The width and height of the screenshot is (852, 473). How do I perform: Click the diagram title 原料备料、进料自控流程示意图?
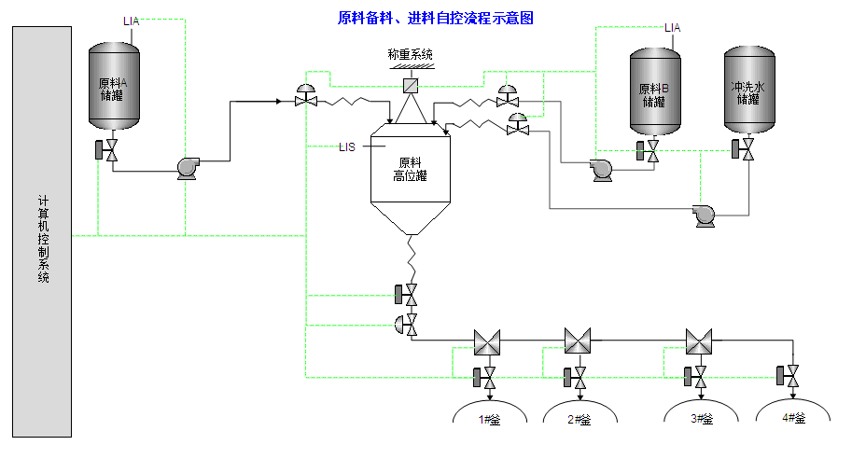point(435,18)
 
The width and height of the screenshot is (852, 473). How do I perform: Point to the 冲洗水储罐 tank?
point(749,91)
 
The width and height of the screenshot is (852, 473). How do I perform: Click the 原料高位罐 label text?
point(410,168)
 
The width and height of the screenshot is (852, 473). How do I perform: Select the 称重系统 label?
point(411,54)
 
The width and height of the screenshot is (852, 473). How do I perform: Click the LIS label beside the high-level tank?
point(347,146)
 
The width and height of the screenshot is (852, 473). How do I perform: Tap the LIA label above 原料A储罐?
point(132,21)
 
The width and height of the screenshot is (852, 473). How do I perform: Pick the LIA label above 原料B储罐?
point(672,28)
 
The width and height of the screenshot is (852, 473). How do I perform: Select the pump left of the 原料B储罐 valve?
point(600,169)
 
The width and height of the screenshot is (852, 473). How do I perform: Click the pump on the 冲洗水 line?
point(705,216)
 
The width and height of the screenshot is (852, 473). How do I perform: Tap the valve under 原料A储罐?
point(110,150)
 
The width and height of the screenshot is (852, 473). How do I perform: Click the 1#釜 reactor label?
point(491,420)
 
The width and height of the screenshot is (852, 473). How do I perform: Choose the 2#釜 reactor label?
point(580,420)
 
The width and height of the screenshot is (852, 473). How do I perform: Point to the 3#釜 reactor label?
point(702,420)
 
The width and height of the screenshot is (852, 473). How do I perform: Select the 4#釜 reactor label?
point(792,420)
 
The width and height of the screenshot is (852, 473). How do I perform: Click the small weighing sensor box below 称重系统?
point(410,86)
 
